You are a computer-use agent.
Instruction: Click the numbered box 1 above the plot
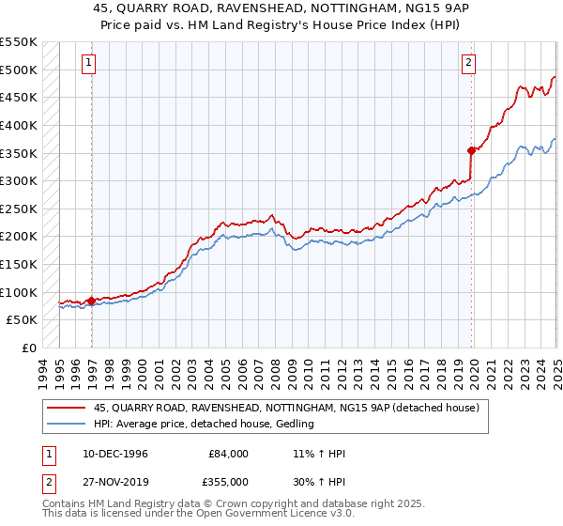[88, 63]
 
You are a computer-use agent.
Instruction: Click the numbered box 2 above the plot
[468, 63]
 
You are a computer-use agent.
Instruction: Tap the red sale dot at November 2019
[471, 149]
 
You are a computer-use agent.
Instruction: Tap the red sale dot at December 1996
[92, 301]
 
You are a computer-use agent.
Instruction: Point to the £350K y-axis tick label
[19, 152]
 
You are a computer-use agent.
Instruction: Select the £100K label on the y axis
[19, 292]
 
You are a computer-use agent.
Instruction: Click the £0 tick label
[29, 348]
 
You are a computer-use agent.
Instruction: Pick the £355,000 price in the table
[228, 481]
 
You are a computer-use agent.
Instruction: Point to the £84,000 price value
[228, 454]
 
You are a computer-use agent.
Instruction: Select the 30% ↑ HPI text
[319, 481]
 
